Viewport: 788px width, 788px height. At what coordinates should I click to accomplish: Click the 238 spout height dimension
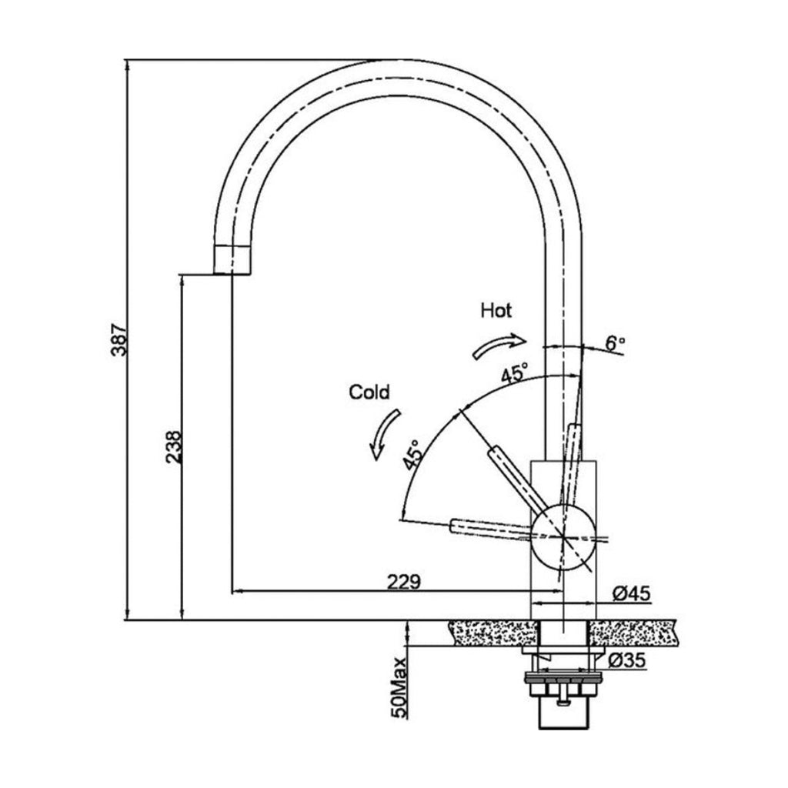click(174, 446)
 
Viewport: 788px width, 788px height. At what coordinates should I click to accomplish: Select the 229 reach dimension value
click(404, 583)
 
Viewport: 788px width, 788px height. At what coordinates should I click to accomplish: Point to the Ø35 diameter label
click(626, 661)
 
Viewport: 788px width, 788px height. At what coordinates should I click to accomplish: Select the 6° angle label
click(614, 343)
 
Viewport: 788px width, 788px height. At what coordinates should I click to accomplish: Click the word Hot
click(496, 311)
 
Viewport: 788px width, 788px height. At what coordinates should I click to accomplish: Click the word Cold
click(369, 392)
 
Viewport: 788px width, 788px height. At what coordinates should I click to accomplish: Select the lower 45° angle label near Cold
click(412, 455)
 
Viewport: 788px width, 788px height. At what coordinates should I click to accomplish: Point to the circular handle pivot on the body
click(563, 536)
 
